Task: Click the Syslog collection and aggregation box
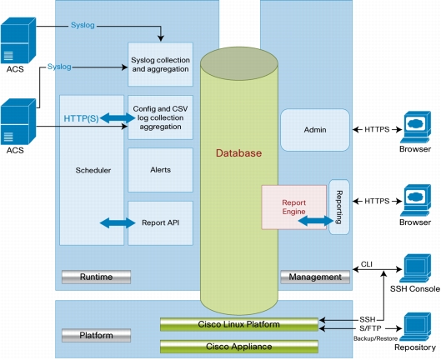pyautogui.click(x=160, y=64)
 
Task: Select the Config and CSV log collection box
pyautogui.click(x=160, y=117)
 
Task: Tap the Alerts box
pyautogui.click(x=160, y=170)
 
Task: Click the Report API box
pyautogui.click(x=160, y=222)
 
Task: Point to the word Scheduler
pyautogui.click(x=93, y=170)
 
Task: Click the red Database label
pyautogui.click(x=238, y=153)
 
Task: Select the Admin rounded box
pyautogui.click(x=315, y=130)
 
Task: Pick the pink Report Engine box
pyautogui.click(x=294, y=207)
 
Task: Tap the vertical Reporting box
pyautogui.click(x=339, y=207)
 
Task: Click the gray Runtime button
pyautogui.click(x=96, y=277)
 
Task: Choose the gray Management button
pyautogui.click(x=315, y=277)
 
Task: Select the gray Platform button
pyautogui.click(x=96, y=335)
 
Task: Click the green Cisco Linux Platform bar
pyautogui.click(x=239, y=324)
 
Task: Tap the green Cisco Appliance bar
pyautogui.click(x=239, y=346)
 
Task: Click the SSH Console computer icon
pyautogui.click(x=415, y=268)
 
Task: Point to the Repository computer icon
pyautogui.click(x=415, y=327)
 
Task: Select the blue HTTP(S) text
pyautogui.click(x=82, y=118)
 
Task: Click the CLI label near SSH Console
pyautogui.click(x=367, y=264)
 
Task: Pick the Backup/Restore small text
pyautogui.click(x=375, y=338)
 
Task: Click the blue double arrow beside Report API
pyautogui.click(x=118, y=223)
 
